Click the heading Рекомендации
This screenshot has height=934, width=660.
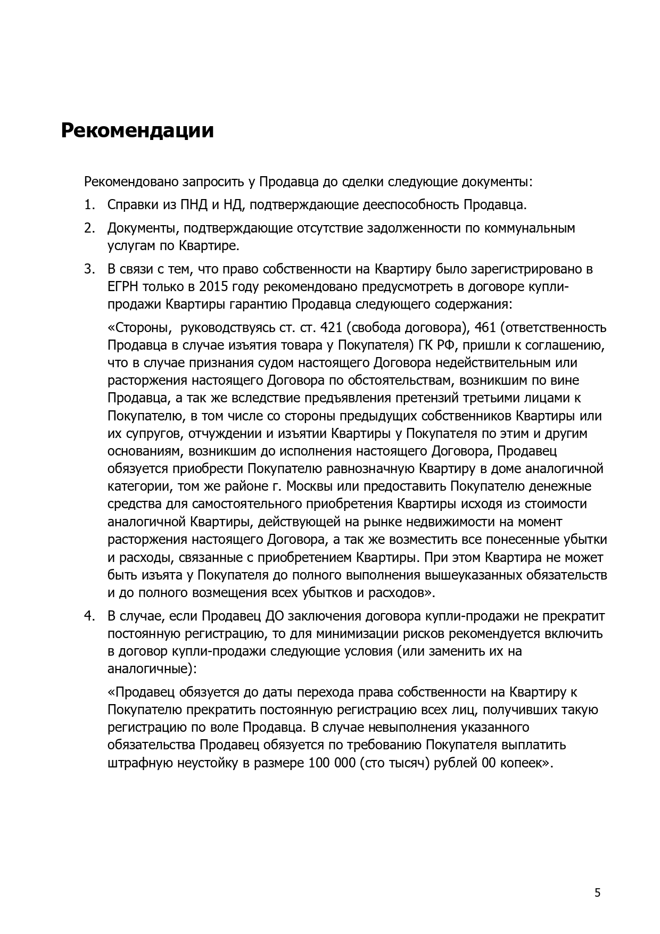click(x=137, y=131)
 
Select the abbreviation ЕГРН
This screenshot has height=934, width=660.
click(x=123, y=287)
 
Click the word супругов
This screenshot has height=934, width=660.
click(x=154, y=433)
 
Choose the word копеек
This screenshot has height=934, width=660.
click(x=523, y=763)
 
